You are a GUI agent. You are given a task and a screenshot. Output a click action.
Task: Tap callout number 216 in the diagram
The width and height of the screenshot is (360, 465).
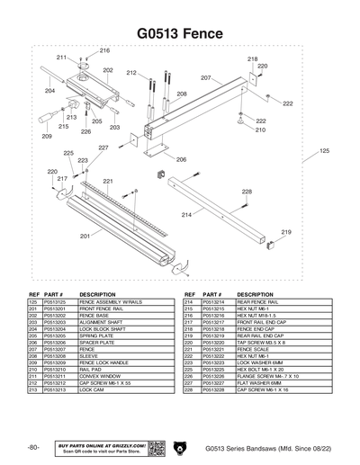coord(104,50)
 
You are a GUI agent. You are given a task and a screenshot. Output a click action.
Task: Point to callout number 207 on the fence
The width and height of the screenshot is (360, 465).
coord(205,78)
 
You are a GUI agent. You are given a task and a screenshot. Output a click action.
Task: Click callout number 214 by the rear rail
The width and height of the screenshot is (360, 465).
coord(186,215)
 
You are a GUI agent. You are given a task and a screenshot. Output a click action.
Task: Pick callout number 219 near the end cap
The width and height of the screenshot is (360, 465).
coord(286,232)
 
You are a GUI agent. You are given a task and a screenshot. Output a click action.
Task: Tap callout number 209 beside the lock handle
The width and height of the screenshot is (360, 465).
coord(46,137)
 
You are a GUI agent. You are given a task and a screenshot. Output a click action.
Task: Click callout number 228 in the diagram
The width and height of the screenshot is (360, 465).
coord(246,192)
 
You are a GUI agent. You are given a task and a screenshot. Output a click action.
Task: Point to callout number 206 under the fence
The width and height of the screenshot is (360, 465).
coord(181,159)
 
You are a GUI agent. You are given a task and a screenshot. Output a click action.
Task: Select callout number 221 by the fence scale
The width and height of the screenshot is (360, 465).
coord(108,182)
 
